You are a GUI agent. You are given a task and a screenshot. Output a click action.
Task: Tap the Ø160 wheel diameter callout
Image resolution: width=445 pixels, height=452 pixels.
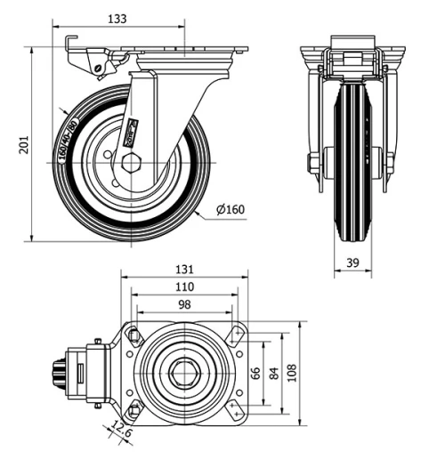click(231, 210)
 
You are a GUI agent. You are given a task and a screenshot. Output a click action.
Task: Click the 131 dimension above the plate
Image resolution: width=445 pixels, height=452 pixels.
click(184, 269)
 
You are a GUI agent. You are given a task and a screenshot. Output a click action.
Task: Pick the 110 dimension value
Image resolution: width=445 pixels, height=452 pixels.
click(184, 287)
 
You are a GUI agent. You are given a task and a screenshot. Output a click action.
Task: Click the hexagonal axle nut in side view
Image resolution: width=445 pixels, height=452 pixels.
click(132, 163)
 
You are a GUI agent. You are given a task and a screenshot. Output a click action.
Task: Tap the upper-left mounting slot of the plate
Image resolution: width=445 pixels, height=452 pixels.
click(133, 335)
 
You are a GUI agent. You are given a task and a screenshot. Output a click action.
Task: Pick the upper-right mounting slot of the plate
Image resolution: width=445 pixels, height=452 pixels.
click(235, 335)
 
